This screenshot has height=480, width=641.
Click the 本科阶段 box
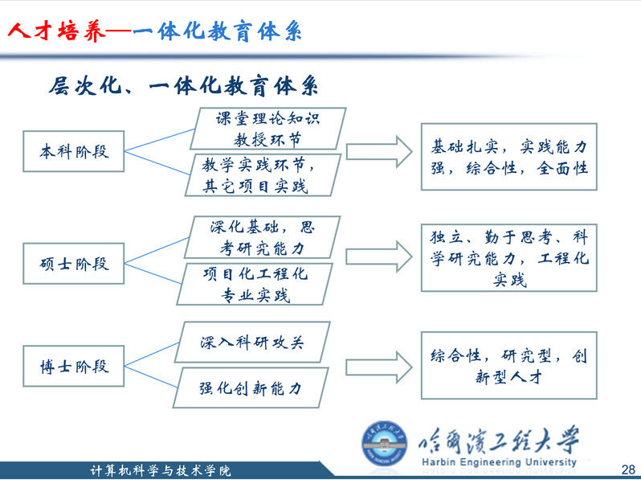(74, 151)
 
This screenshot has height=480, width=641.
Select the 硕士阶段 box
(74, 264)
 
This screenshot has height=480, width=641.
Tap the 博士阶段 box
(74, 366)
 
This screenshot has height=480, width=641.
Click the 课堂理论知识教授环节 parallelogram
(268, 129)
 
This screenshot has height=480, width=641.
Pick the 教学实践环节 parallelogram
(263, 175)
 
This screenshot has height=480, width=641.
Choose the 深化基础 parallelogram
(262, 237)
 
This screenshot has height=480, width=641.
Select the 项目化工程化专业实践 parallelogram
(255, 284)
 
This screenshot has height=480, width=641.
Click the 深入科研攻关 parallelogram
(252, 342)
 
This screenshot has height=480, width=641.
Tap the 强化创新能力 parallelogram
(251, 388)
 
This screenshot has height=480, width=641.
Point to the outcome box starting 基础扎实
(509, 157)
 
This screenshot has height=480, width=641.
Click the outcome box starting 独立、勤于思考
(509, 258)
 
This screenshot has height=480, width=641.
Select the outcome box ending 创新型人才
(509, 365)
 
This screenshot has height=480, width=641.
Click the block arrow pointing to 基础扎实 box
(379, 152)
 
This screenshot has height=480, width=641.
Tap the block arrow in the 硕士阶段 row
(379, 256)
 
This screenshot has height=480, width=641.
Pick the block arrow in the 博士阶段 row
(379, 367)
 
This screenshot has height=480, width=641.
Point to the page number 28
(628, 469)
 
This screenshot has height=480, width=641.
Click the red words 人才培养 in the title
(57, 31)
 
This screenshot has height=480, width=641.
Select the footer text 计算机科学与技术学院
(161, 471)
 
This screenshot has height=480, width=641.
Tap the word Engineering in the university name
(491, 462)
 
